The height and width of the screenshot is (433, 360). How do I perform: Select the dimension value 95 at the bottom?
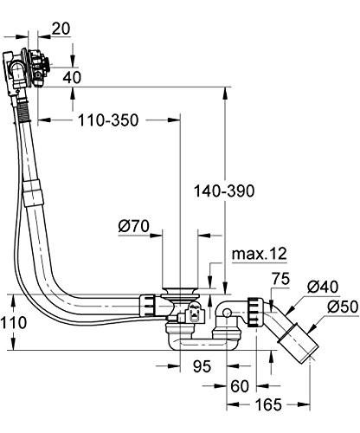click(202, 365)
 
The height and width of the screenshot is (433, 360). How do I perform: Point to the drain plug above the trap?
click(180, 288)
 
